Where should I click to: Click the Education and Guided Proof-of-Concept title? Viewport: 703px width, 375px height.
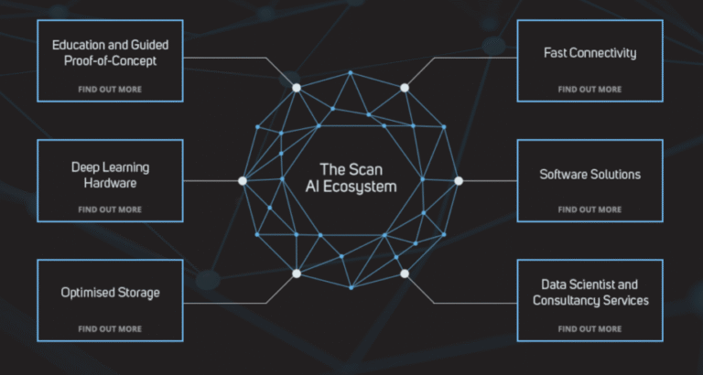pyautogui.click(x=110, y=52)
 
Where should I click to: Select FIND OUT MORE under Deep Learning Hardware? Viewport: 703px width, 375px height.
pyautogui.click(x=110, y=209)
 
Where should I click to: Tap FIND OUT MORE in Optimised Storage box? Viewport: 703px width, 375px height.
pyautogui.click(x=110, y=329)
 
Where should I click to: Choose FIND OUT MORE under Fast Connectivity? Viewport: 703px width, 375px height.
pyautogui.click(x=590, y=89)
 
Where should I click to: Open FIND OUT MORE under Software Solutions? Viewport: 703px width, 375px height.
pyautogui.click(x=590, y=209)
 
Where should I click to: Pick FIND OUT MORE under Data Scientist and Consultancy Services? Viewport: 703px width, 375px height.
pyautogui.click(x=590, y=329)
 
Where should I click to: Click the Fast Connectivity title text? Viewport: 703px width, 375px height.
pyautogui.click(x=590, y=53)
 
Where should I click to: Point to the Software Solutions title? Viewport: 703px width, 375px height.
pyautogui.click(x=590, y=174)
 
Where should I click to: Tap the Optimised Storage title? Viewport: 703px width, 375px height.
pyautogui.click(x=110, y=293)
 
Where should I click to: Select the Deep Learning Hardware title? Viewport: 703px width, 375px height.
pyautogui.click(x=110, y=175)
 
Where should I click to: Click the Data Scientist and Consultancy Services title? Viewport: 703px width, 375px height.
pyautogui.click(x=590, y=292)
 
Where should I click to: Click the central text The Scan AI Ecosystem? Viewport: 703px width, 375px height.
pyautogui.click(x=351, y=177)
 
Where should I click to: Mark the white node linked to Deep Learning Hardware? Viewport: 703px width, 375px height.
pyautogui.click(x=243, y=181)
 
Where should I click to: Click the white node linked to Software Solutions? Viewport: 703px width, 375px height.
pyautogui.click(x=459, y=181)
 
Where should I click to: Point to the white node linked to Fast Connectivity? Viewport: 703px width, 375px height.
pyautogui.click(x=405, y=88)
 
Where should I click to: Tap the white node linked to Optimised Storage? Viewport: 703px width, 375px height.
pyautogui.click(x=297, y=273)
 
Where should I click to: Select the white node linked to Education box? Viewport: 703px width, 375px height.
pyautogui.click(x=297, y=88)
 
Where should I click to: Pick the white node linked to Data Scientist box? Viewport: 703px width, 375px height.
pyautogui.click(x=405, y=273)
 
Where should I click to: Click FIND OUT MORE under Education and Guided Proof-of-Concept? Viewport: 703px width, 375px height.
pyautogui.click(x=110, y=89)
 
